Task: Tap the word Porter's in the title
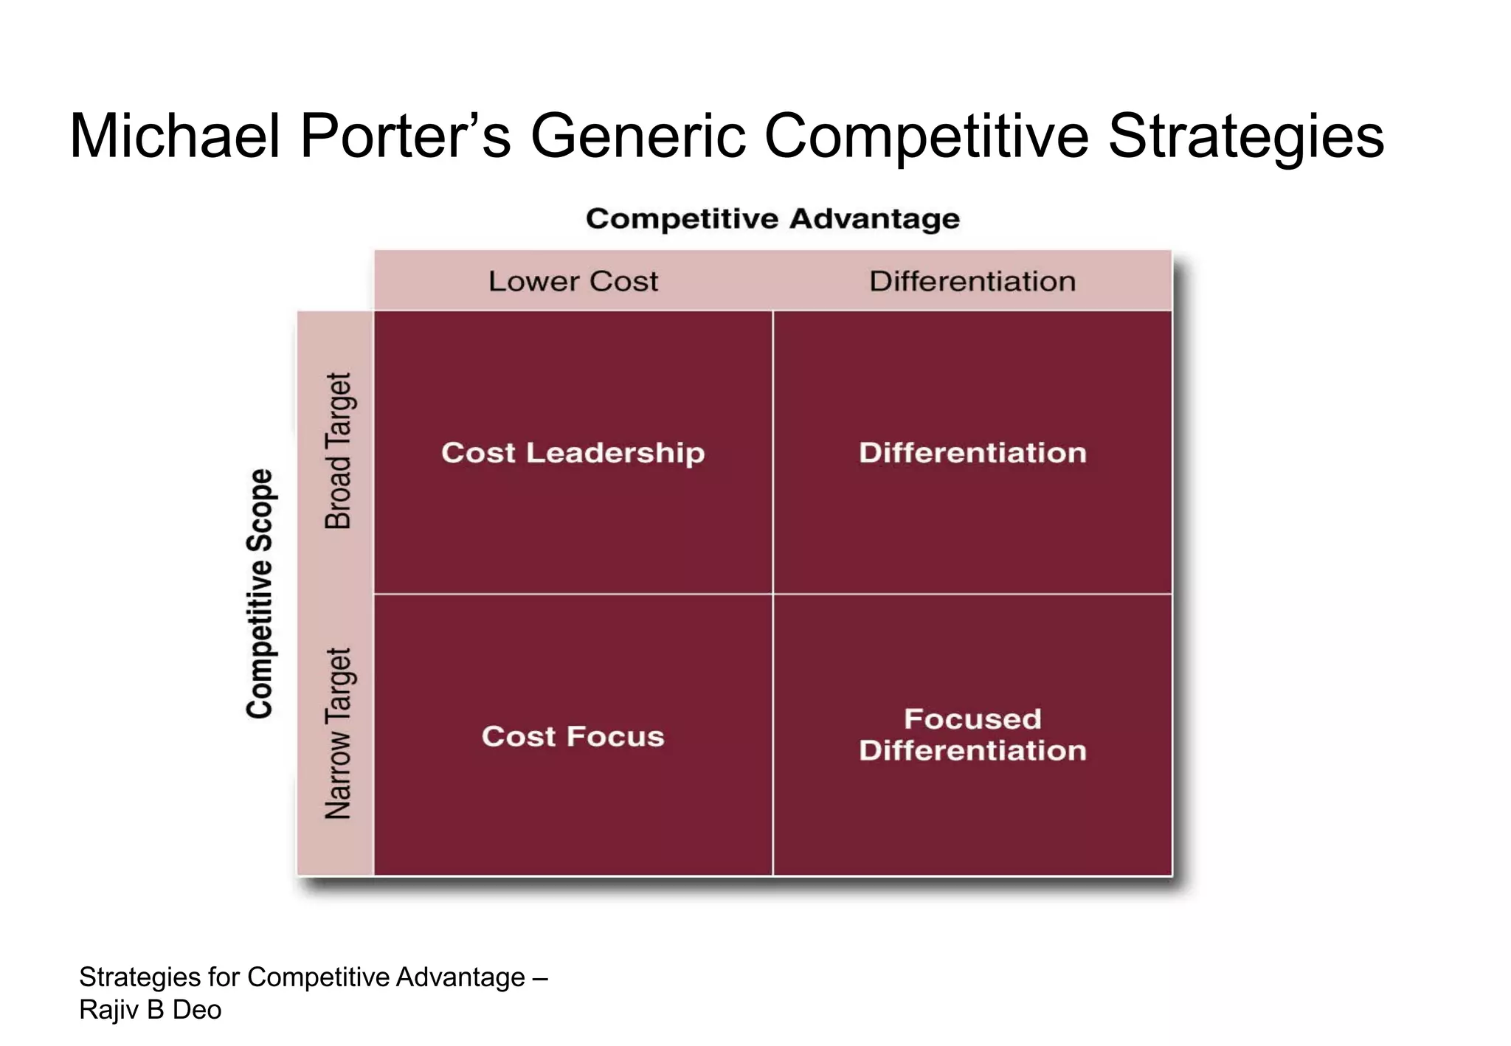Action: tap(405, 136)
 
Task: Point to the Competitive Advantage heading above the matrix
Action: tap(772, 219)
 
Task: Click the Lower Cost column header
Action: tap(573, 281)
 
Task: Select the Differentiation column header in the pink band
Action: tap(972, 281)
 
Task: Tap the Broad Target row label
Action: tap(339, 451)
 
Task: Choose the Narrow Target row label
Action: tap(339, 734)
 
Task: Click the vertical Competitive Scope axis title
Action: tap(260, 594)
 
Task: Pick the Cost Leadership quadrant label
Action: tap(573, 453)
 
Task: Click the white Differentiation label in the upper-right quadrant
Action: tap(972, 453)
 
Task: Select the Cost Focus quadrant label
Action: tap(573, 736)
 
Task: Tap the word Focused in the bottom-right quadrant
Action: tap(972, 719)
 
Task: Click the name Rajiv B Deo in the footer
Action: tap(151, 1009)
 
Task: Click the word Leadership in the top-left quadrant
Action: tap(615, 453)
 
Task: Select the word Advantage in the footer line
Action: tap(460, 977)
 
